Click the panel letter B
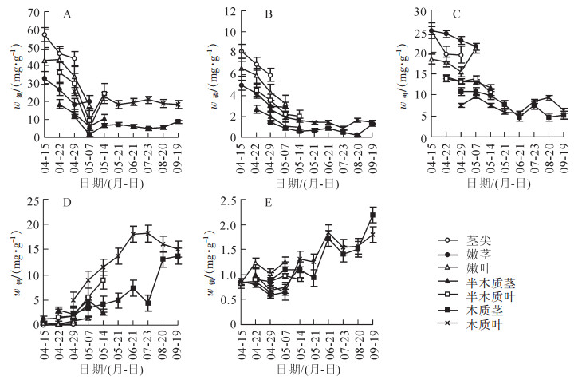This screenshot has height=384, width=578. coord(268,14)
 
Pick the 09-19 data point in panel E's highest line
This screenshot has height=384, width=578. coord(372,216)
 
